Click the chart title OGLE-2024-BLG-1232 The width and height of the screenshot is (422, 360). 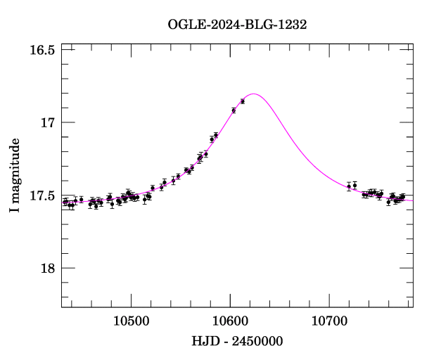pos(237,24)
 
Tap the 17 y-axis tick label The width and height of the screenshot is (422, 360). pos(47,123)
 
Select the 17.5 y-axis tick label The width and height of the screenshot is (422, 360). pos(42,195)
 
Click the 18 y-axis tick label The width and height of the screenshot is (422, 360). pos(47,269)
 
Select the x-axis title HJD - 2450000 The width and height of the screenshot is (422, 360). pos(237,342)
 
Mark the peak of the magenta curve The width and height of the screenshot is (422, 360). pos(254,94)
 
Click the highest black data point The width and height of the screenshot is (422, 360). pos(243,101)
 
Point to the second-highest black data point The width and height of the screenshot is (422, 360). pos(234,110)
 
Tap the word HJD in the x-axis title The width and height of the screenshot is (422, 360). pos(205,342)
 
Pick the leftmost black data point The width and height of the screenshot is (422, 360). pos(65,202)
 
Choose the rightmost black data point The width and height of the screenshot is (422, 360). pos(403,196)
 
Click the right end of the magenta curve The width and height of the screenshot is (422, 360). pos(413,200)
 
